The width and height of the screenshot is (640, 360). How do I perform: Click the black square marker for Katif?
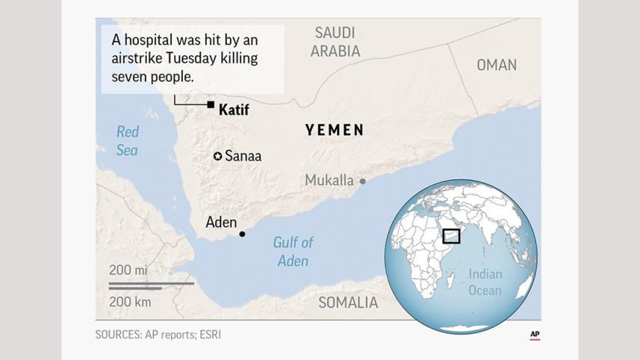point(211,105)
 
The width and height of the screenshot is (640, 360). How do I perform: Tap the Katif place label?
point(233,111)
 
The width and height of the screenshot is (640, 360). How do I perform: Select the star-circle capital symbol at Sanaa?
point(217,156)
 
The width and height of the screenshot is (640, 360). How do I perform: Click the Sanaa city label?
point(243,156)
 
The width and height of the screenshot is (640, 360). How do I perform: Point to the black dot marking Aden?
point(242,234)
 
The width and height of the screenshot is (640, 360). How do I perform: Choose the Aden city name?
point(221,222)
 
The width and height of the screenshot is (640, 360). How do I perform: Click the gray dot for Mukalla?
point(363,181)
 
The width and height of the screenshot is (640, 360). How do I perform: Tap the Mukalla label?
point(329,181)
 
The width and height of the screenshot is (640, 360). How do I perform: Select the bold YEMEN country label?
point(335,130)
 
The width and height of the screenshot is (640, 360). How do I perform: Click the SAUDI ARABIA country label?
point(335,42)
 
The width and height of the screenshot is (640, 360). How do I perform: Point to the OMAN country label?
point(497,65)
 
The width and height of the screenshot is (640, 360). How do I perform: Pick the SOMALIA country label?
point(348,302)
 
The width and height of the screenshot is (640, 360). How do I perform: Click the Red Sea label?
point(127,140)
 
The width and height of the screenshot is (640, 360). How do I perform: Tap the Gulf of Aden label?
point(293,252)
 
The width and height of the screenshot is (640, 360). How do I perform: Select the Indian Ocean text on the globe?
point(485,282)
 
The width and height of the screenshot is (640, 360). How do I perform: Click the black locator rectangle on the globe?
point(451,236)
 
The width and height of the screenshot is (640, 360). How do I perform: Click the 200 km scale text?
point(131,302)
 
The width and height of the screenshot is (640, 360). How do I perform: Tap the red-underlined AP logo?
point(535,335)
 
